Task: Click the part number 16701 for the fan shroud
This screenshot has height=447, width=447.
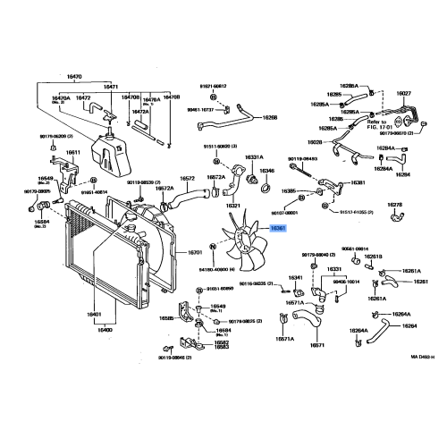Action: coord(197,253)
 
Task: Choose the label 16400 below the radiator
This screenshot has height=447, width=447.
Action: coord(105,330)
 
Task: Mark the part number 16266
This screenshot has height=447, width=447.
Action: coord(269,117)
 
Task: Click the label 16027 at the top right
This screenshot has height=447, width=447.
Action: coord(404,92)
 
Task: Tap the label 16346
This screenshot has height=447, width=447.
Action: coord(267,169)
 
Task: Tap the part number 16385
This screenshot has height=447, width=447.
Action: coord(288,190)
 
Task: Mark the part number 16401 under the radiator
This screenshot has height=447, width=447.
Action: coord(94,315)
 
